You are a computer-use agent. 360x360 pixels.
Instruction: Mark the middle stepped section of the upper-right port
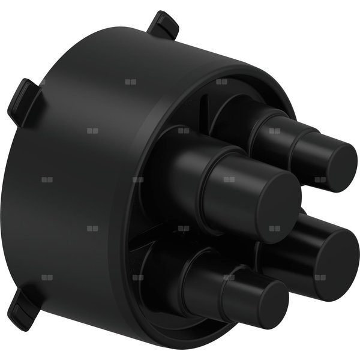click(270, 135)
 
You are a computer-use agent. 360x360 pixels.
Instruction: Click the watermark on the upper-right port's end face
click(320, 179)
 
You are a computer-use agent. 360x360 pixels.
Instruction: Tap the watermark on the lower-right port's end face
click(320, 277)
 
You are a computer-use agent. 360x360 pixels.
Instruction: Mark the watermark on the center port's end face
click(274, 228)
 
